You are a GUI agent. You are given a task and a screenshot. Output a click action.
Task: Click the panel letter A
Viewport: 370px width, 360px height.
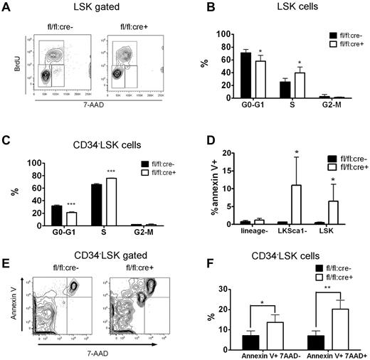pyautogui.click(x=9, y=9)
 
